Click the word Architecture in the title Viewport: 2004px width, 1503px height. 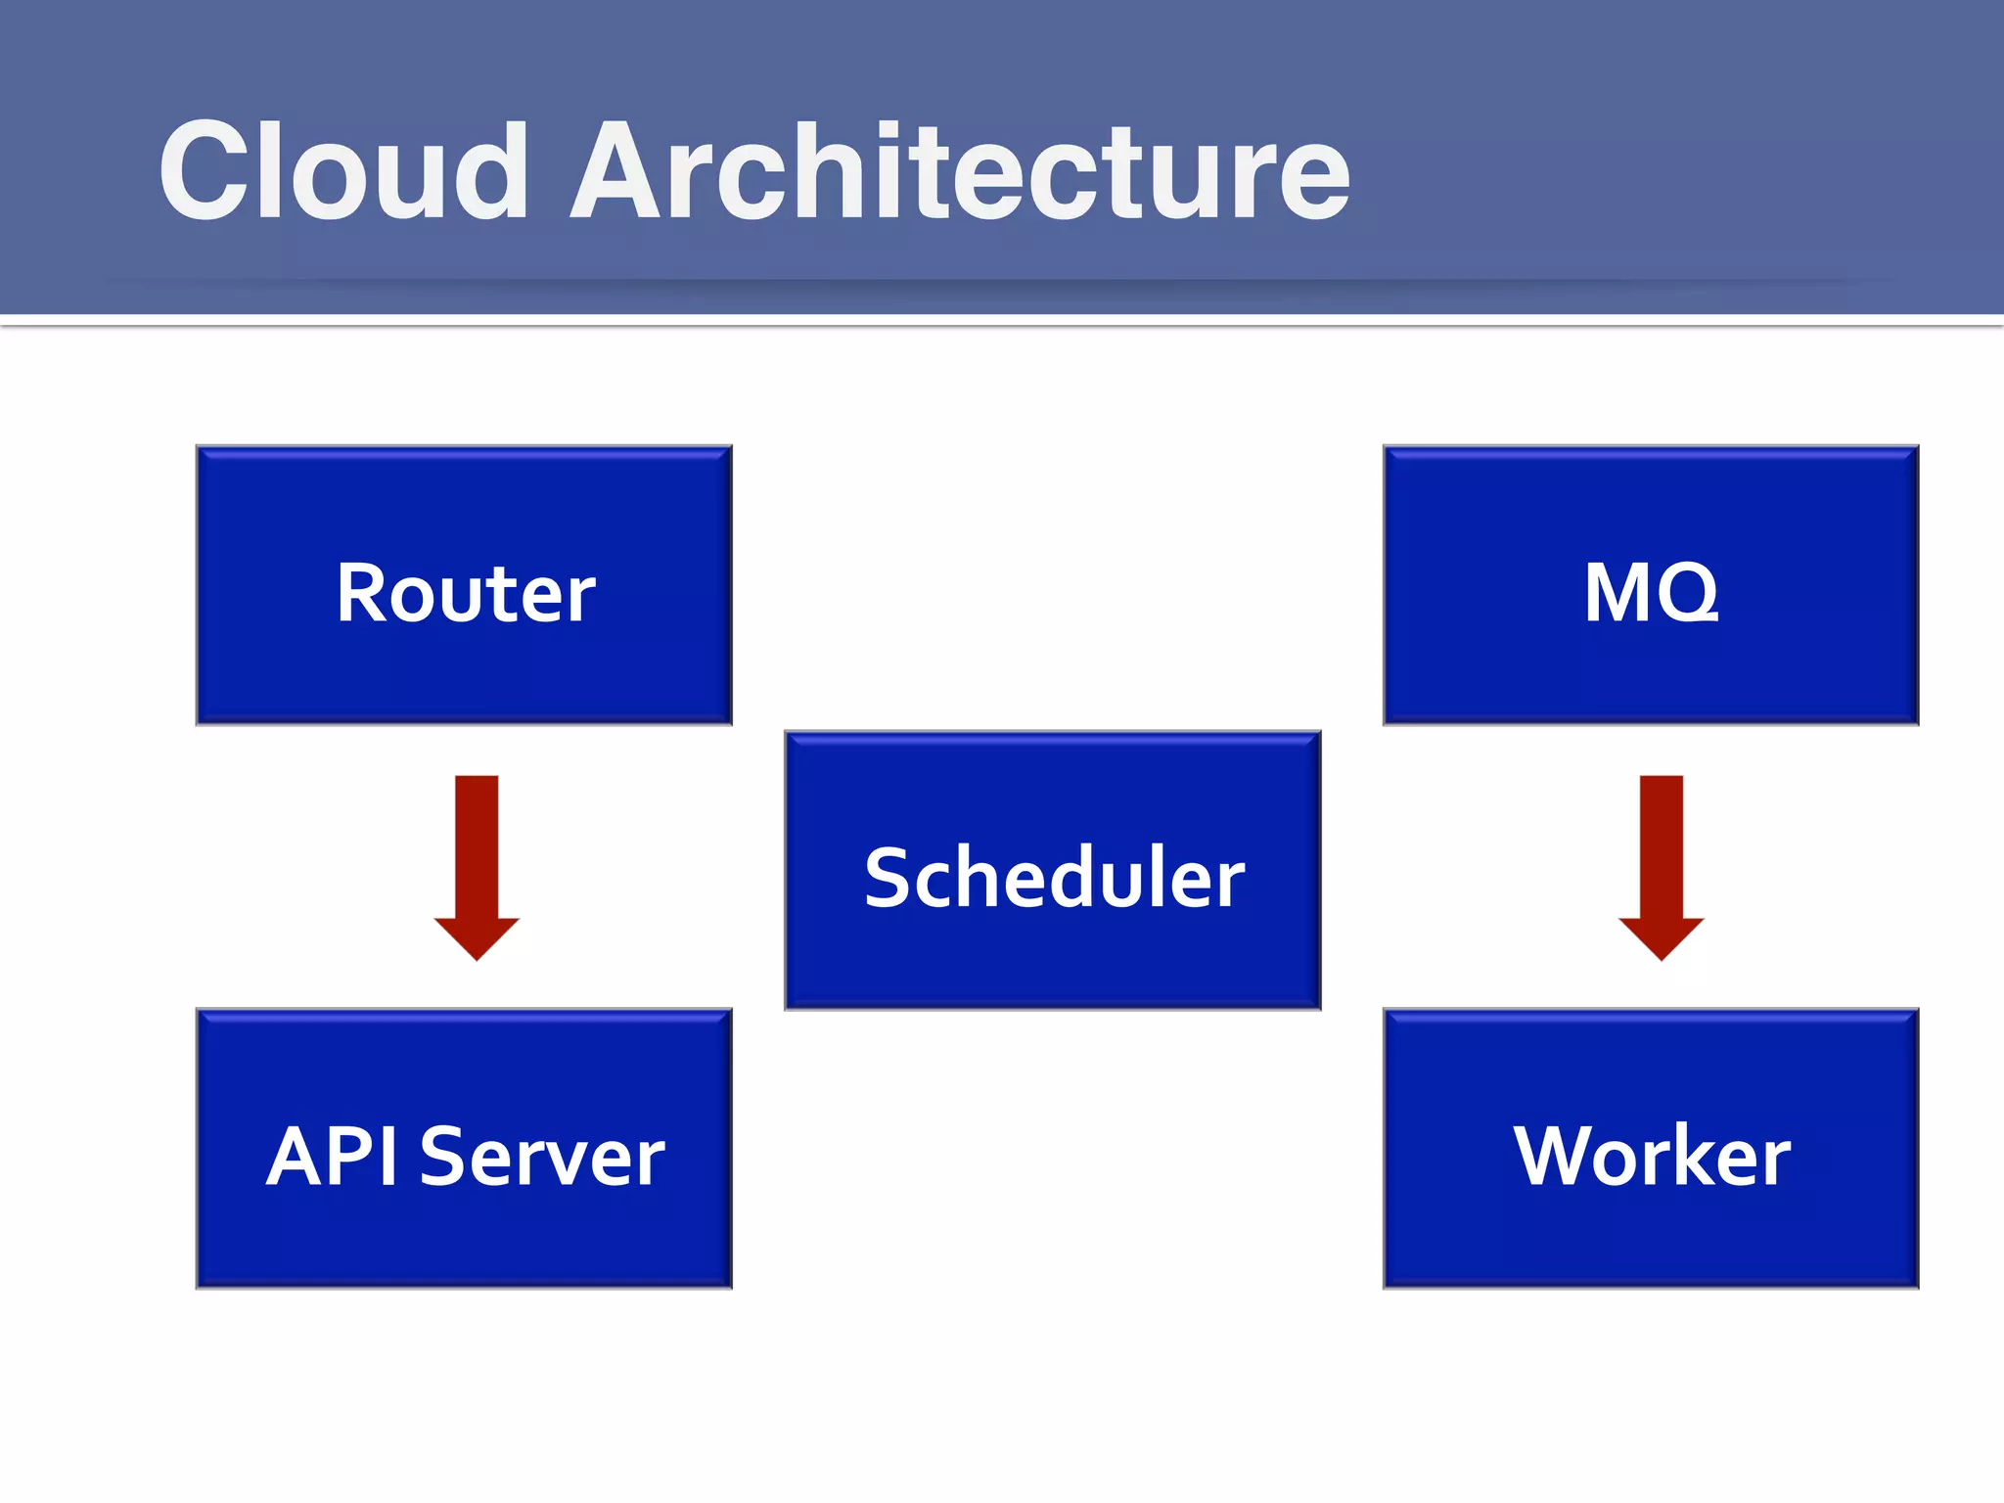point(959,172)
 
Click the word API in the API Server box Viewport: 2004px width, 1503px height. point(333,1157)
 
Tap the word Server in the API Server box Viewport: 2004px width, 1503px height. point(542,1157)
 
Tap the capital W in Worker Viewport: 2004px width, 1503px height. point(1560,1157)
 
